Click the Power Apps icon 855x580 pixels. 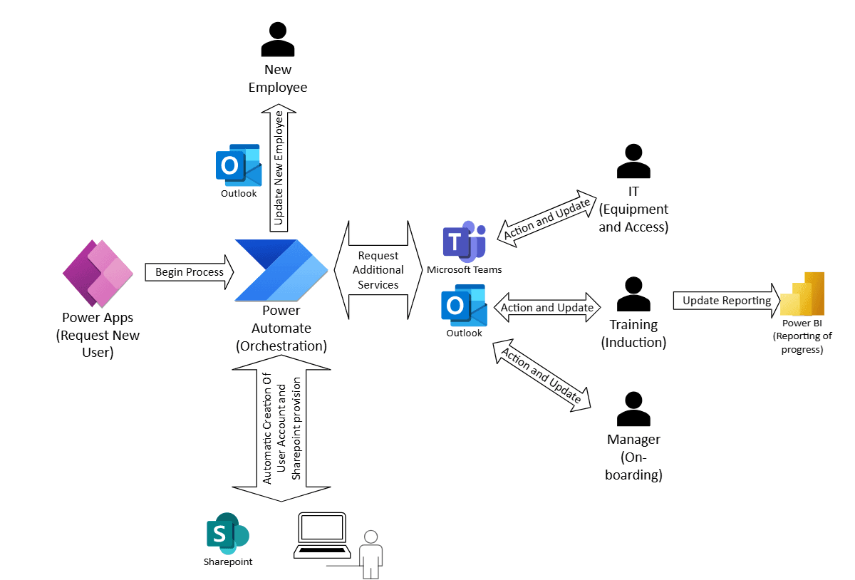pyautogui.click(x=98, y=274)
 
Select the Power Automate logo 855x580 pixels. pyautogui.click(x=281, y=271)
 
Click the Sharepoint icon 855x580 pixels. pyautogui.click(x=227, y=533)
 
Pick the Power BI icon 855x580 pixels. pyautogui.click(x=802, y=294)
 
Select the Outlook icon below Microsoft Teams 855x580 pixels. pyautogui.click(x=464, y=306)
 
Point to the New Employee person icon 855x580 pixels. pyautogui.click(x=278, y=40)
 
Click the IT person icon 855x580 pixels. pyautogui.click(x=633, y=162)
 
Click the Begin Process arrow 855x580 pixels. pyautogui.click(x=190, y=272)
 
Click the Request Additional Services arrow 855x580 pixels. pyautogui.click(x=378, y=270)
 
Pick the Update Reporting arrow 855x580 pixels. pyautogui.click(x=727, y=301)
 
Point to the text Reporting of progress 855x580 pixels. pyautogui.click(x=802, y=343)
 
